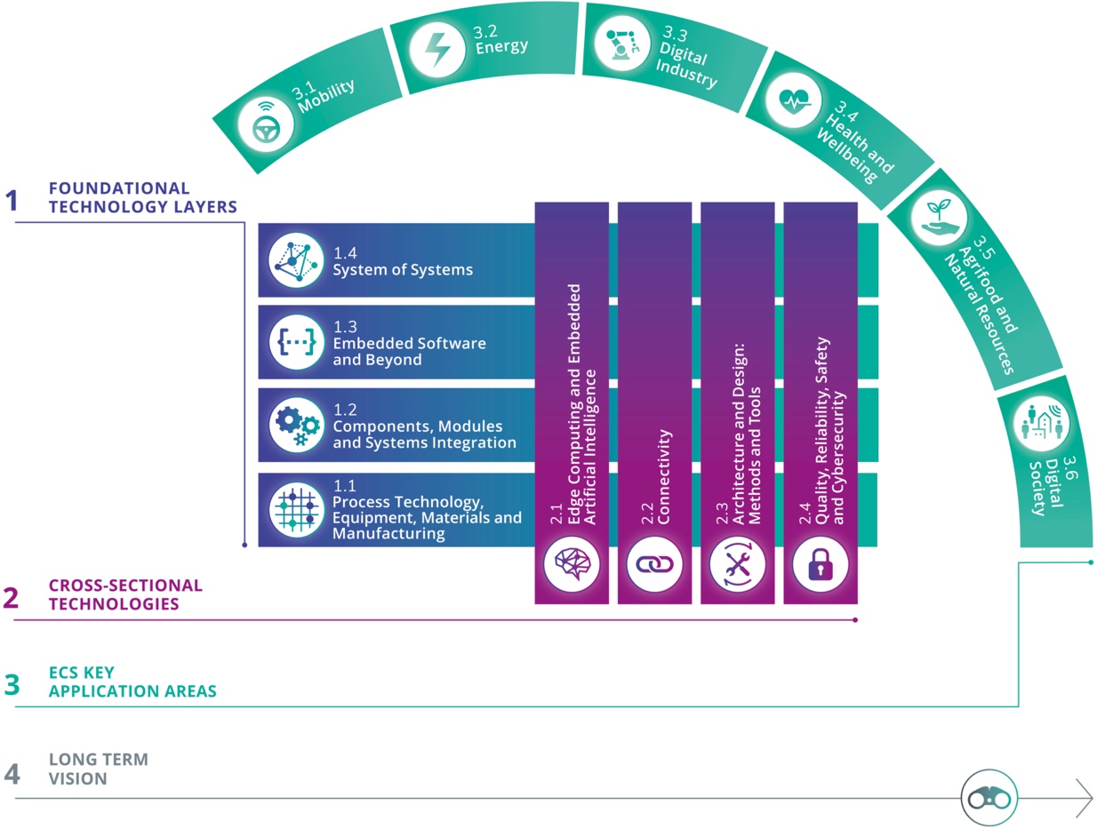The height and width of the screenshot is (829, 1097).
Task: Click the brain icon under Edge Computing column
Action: click(x=572, y=563)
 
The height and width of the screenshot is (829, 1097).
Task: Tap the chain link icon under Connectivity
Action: click(x=654, y=563)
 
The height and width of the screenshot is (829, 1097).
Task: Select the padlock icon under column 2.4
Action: click(x=820, y=563)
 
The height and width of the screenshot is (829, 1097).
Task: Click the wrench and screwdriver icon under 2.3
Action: click(x=737, y=563)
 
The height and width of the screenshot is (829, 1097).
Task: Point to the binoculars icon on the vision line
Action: click(x=989, y=797)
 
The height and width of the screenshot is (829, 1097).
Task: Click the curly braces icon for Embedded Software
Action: click(x=297, y=342)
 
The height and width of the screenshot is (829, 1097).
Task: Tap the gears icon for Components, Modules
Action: click(x=297, y=426)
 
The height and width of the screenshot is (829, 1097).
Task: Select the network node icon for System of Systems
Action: click(x=297, y=260)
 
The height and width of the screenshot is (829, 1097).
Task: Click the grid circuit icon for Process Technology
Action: click(x=297, y=510)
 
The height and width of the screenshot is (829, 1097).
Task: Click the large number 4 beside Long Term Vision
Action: click(x=12, y=774)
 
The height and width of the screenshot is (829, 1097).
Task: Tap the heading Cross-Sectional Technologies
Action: click(x=124, y=594)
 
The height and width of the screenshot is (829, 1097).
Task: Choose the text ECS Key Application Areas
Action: click(x=132, y=682)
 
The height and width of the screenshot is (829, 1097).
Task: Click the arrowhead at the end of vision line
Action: click(x=1085, y=798)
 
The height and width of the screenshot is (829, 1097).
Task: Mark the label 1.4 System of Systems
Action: click(x=403, y=262)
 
